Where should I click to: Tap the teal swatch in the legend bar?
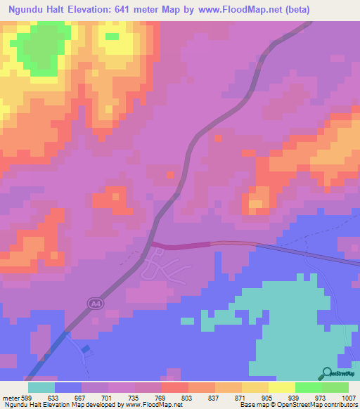point(41,387)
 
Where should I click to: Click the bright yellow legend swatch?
point(281,387)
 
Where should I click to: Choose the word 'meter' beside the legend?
point(10,396)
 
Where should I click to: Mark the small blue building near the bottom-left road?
point(85,349)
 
